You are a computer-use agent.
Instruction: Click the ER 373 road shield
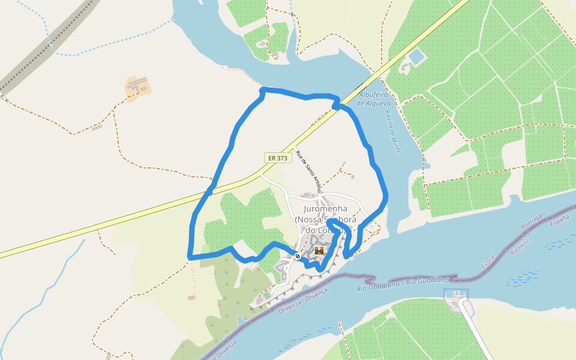(x=278, y=158)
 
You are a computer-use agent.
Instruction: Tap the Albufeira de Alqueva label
(x=374, y=99)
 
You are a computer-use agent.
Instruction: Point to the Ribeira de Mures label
(x=392, y=131)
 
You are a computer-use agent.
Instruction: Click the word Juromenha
(x=326, y=208)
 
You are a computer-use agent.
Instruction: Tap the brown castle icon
(x=319, y=251)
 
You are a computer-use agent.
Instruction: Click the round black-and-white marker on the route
(x=298, y=256)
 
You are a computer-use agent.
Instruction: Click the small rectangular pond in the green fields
(x=416, y=58)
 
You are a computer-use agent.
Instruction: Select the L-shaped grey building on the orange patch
(x=137, y=85)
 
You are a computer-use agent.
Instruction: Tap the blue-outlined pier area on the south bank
(x=457, y=296)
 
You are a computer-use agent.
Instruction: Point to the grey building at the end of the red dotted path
(x=191, y=297)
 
